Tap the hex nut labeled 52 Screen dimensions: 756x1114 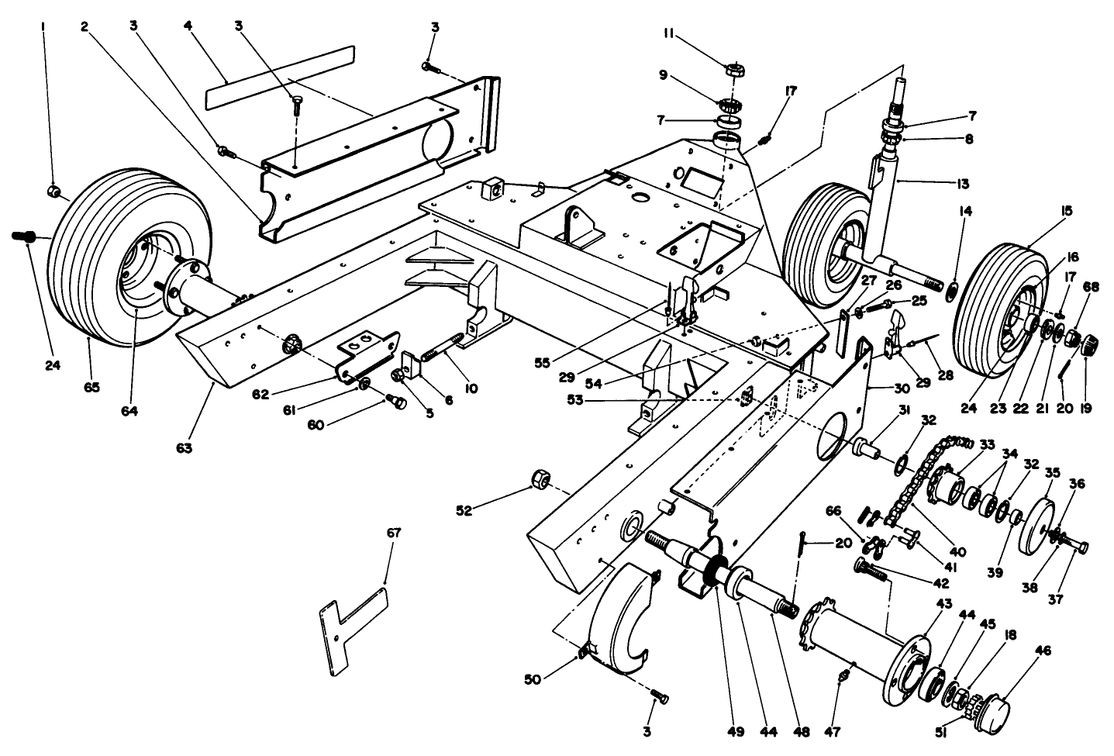pos(538,481)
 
